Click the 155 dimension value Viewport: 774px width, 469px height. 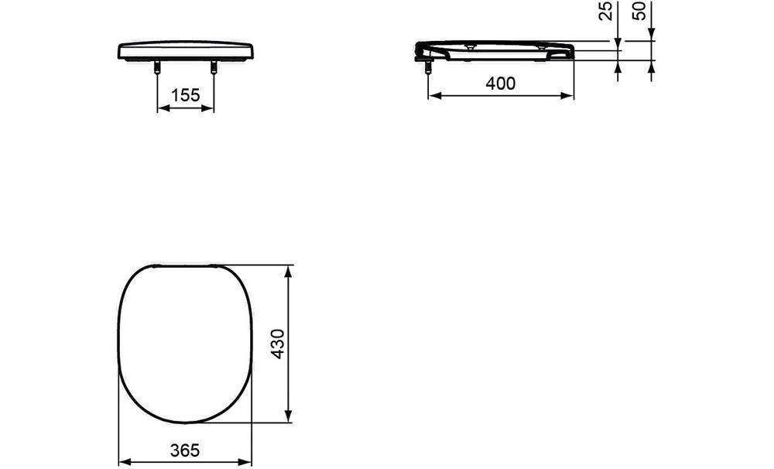coord(186,94)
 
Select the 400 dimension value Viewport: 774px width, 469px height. coord(501,83)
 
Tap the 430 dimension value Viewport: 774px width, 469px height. coord(278,344)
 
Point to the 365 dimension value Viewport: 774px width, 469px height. coord(185,450)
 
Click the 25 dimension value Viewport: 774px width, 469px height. coord(607,10)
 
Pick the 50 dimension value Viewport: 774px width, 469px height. coord(640,10)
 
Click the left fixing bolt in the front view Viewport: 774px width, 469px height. coord(158,69)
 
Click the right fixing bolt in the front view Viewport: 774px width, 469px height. coord(214,69)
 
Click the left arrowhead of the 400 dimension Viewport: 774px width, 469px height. coord(433,96)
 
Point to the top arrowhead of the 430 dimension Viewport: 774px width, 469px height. coord(289,271)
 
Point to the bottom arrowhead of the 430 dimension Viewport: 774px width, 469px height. coord(289,419)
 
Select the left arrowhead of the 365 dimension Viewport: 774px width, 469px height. coord(123,462)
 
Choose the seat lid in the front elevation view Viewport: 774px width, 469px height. coord(186,50)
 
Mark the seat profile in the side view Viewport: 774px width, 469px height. coord(495,49)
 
